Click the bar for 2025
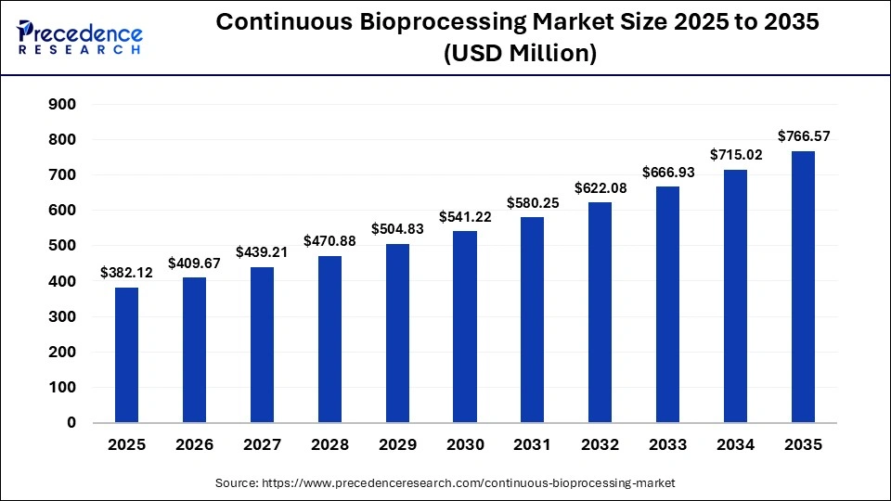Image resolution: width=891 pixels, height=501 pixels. (x=126, y=355)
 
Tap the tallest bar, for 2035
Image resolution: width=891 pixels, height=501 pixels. (x=803, y=287)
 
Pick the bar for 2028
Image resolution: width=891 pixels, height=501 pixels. (x=329, y=340)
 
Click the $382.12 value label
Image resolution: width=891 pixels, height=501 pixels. (x=126, y=276)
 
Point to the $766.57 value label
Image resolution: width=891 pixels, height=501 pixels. (x=803, y=136)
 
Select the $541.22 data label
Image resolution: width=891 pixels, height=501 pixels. (x=465, y=217)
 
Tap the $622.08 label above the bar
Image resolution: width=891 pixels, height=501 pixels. (x=600, y=188)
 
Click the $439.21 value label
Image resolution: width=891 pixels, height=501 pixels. (x=262, y=251)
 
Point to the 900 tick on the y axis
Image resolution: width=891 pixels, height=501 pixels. (x=61, y=104)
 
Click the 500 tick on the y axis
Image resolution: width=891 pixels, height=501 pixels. (x=61, y=246)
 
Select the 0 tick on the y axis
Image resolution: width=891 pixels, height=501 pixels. (x=71, y=423)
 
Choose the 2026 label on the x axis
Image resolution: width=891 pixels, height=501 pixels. (x=194, y=444)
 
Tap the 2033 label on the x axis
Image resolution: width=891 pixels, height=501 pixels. (x=667, y=444)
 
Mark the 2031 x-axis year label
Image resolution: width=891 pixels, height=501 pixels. (x=533, y=444)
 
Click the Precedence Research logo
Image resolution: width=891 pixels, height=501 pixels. (x=80, y=36)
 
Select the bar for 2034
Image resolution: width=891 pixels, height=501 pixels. (x=735, y=296)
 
